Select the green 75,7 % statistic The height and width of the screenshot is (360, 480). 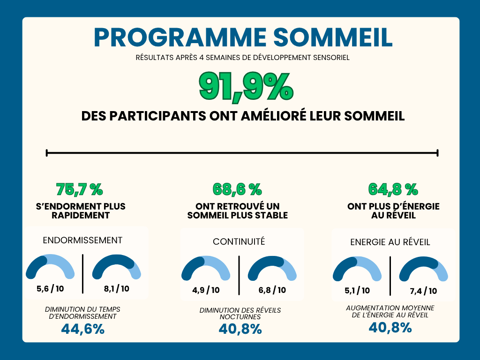coord(79,189)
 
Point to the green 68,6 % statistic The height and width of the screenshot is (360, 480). coord(237,189)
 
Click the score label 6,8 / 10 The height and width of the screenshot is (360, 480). coord(272,290)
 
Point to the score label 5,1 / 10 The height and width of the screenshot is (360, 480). coord(357,291)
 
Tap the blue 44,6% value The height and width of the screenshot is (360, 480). coord(82,329)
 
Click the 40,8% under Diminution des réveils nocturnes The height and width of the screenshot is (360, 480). coord(240,330)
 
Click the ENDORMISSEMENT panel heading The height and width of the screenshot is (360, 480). coord(82,240)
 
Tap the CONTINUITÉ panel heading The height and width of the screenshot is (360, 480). coord(239,241)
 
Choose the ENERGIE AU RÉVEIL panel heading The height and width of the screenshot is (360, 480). coord(390,242)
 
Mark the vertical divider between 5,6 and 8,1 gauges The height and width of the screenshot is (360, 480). coord(83,274)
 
